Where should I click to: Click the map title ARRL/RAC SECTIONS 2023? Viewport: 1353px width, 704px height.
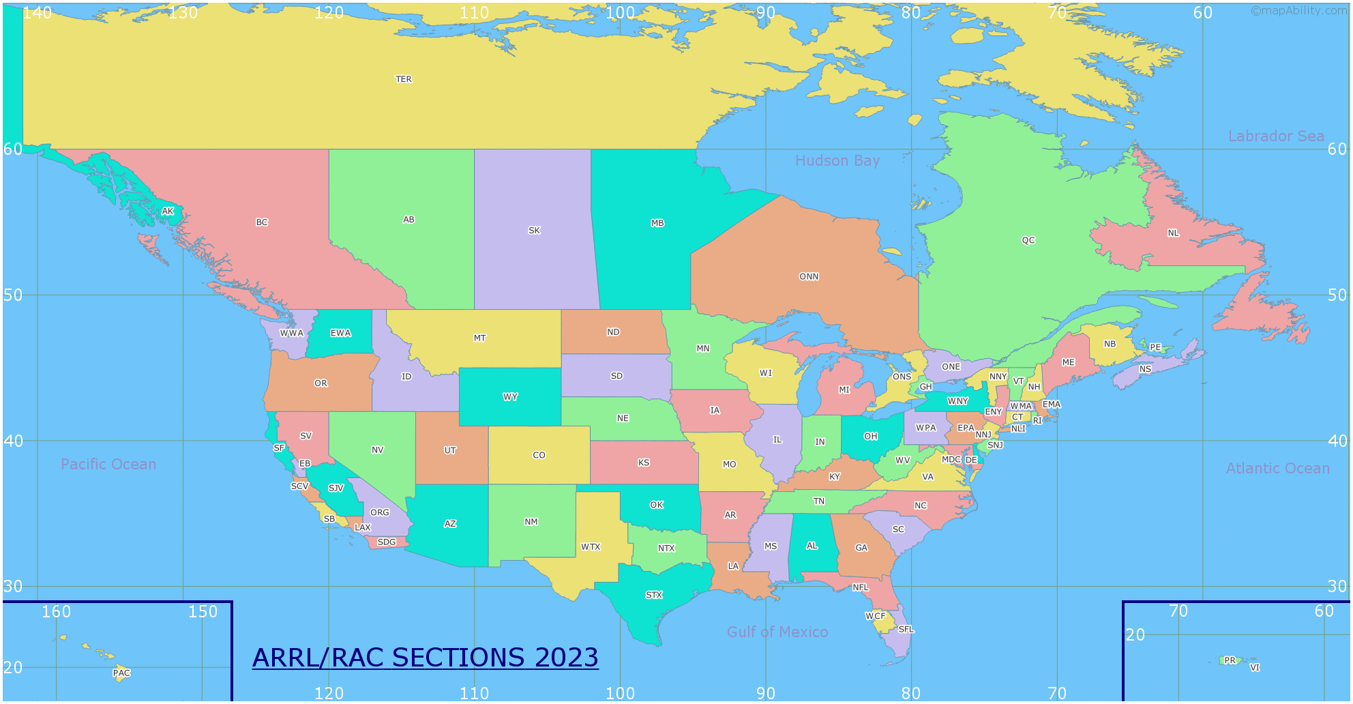click(x=425, y=658)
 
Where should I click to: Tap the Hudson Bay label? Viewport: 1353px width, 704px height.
click(x=837, y=161)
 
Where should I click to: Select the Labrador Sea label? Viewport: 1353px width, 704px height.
click(x=1275, y=136)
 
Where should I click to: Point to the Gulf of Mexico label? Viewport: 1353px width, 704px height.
click(x=777, y=632)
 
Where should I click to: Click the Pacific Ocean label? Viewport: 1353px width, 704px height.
click(x=108, y=465)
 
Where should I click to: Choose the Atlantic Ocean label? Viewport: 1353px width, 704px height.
click(x=1277, y=469)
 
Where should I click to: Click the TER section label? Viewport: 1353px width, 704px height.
click(x=404, y=79)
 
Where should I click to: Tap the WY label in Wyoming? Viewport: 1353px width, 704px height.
click(x=510, y=397)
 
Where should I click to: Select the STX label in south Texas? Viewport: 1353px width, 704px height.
click(x=654, y=595)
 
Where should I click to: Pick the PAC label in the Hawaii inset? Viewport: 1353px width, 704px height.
click(x=121, y=673)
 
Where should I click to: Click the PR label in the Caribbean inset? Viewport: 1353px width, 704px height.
click(x=1230, y=660)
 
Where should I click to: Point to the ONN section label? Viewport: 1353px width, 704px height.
click(x=809, y=277)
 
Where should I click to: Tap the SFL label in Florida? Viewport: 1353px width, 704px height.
click(x=906, y=630)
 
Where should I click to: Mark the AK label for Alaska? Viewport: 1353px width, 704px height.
click(x=168, y=211)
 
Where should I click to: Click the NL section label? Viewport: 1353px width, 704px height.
click(x=1173, y=233)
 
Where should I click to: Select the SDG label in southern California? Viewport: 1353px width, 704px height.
click(x=387, y=542)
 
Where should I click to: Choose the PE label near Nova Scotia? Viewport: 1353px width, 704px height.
click(x=1155, y=347)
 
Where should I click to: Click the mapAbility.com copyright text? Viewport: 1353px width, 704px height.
click(x=1298, y=10)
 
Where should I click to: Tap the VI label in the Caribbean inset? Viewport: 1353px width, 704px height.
click(x=1255, y=668)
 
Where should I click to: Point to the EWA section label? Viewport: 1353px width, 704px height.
click(x=340, y=334)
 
